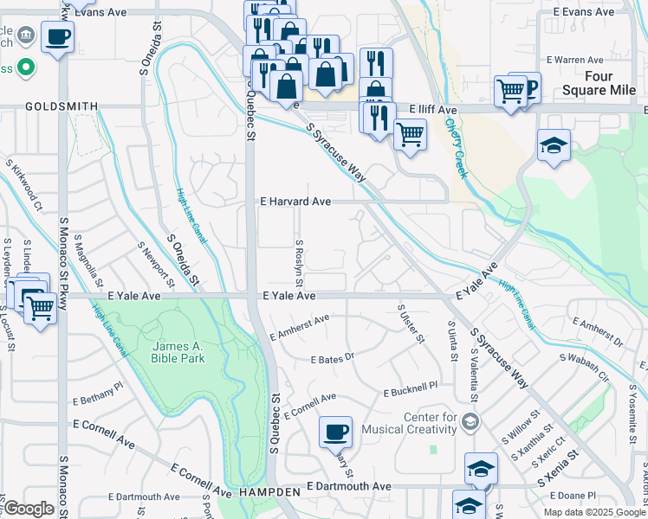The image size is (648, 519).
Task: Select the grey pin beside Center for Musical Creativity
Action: pyautogui.click(x=470, y=422)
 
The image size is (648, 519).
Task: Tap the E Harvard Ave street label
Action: pyautogui.click(x=295, y=202)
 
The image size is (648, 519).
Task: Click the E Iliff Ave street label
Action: pyautogui.click(x=427, y=111)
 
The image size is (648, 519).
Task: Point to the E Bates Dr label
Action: pyautogui.click(x=333, y=358)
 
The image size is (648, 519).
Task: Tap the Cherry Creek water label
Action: pyautogui.click(x=456, y=147)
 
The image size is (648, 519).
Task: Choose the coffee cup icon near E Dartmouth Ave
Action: pyautogui.click(x=335, y=431)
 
